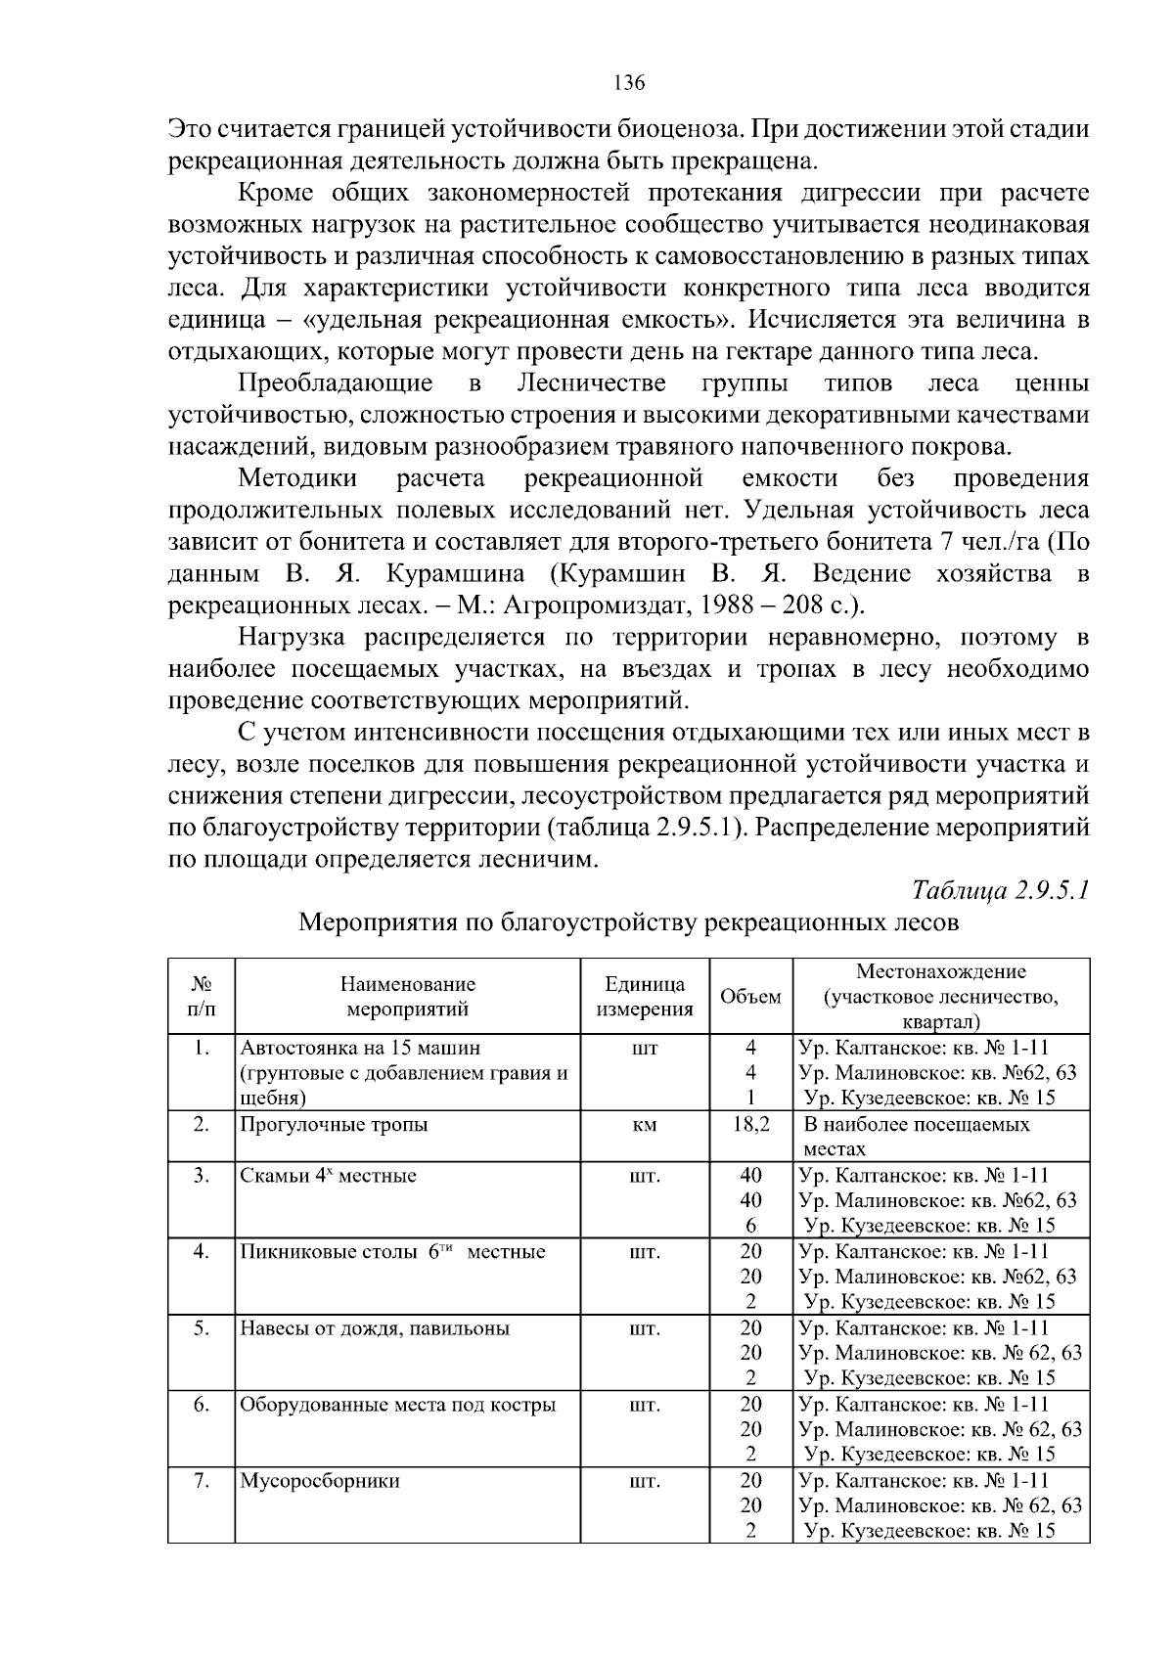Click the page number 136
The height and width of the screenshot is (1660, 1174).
(x=629, y=83)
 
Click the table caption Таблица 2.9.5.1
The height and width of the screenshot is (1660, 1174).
(x=1000, y=891)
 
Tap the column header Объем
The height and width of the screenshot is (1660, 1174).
(x=750, y=997)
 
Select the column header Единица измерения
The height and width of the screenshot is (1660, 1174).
(x=645, y=997)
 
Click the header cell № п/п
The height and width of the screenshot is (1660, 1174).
(x=201, y=997)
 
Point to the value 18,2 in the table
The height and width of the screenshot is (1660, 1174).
(x=750, y=1125)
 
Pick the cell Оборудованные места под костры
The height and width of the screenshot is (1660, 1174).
(x=398, y=1405)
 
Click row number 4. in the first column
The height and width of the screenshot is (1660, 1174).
(x=201, y=1252)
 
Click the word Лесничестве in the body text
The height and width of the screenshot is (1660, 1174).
(x=591, y=382)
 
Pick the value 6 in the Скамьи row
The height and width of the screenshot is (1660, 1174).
(x=750, y=1226)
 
